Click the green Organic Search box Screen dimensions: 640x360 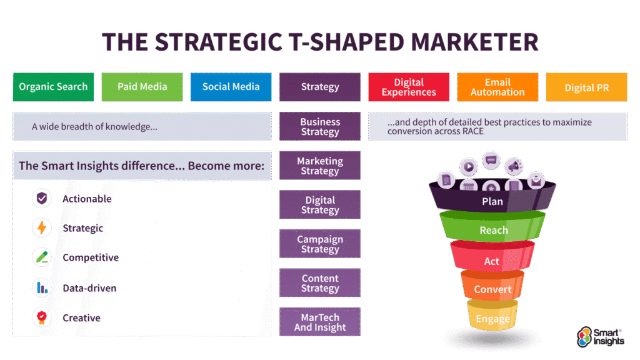point(54,87)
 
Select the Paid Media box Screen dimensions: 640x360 point(142,87)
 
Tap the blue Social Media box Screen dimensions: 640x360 point(231,87)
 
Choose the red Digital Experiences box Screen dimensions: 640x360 point(409,87)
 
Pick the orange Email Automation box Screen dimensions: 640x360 point(497,87)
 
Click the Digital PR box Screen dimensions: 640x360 point(586,87)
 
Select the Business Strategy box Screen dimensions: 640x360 point(320,126)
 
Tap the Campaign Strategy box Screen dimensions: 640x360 point(320,244)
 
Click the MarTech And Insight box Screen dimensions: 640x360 point(320,322)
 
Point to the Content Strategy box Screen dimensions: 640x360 point(320,282)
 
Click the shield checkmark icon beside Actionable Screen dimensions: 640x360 point(42,198)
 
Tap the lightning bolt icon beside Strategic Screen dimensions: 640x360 point(42,227)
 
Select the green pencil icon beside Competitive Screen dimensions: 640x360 point(42,257)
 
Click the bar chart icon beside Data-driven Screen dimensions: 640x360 point(42,287)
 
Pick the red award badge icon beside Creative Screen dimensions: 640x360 point(42,317)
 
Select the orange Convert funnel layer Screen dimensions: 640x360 point(492,286)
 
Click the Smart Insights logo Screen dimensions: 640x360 point(601,337)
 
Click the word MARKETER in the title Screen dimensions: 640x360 point(474,42)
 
